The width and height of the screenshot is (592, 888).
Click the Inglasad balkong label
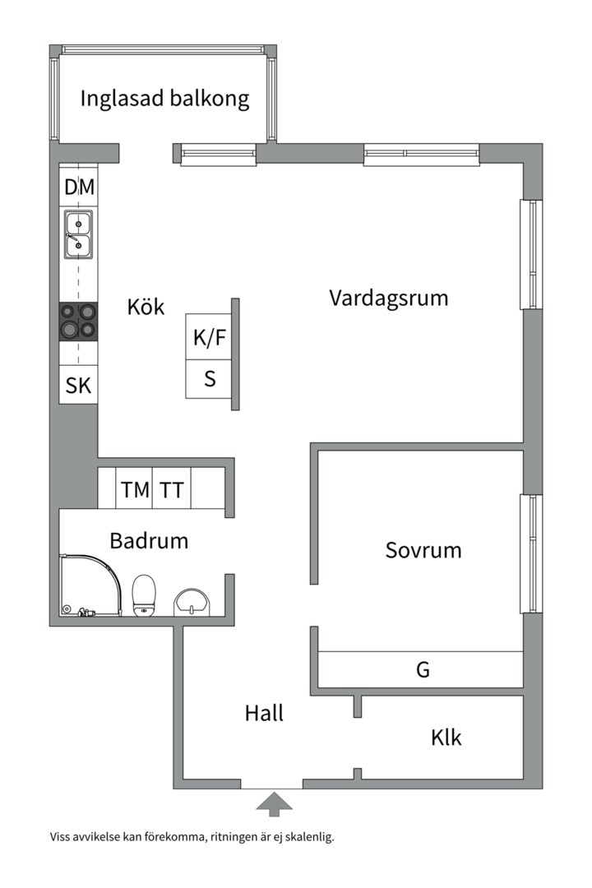pos(164,99)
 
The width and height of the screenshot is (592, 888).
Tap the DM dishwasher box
pos(79,187)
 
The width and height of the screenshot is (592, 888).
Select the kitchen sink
pos(79,234)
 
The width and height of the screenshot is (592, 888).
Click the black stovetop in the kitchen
pos(78,321)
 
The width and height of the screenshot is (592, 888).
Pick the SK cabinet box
pos(79,385)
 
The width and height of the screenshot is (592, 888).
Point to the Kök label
pos(146,308)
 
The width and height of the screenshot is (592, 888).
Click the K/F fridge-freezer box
pos(209,337)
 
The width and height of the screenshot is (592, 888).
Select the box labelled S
pos(209,379)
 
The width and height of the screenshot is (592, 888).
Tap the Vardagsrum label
pos(389,298)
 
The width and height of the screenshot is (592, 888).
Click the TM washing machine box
pos(136,490)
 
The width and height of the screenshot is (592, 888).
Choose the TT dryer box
pos(172,490)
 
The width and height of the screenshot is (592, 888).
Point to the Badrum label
pos(149,541)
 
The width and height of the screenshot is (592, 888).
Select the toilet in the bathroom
pos(145,594)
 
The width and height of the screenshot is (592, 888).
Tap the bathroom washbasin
pos(193,602)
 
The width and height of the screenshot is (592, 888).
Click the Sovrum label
pos(423,550)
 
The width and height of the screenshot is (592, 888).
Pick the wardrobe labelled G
pos(422,669)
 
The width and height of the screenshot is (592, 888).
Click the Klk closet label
pos(446,738)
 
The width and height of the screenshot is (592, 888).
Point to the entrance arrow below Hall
pos(274,803)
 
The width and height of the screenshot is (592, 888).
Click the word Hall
pos(264,713)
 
